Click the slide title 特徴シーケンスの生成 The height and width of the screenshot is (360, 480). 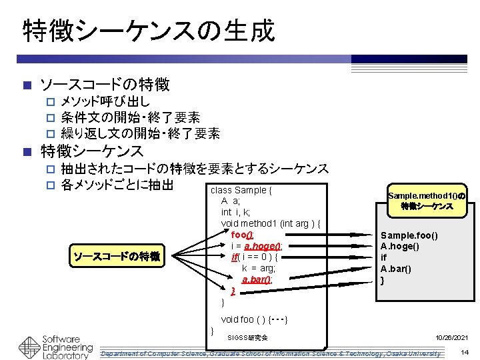[148, 30]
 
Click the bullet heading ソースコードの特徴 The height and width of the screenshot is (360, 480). [105, 85]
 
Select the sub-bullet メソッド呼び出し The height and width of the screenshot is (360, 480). [105, 102]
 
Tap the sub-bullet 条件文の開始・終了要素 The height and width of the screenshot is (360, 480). [130, 118]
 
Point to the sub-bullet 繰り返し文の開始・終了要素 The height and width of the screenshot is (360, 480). [140, 133]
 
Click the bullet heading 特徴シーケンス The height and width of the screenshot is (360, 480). [92, 151]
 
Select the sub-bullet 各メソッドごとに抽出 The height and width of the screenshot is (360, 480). [117, 184]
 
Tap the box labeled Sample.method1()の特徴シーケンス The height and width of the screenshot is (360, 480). [427, 201]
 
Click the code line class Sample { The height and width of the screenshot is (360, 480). [241, 190]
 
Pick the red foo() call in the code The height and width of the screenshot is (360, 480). [242, 235]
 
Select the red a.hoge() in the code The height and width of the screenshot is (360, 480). [263, 246]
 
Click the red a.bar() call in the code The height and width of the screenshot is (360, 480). [256, 280]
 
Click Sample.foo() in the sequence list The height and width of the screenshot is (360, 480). [409, 235]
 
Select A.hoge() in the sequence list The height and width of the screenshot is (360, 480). [400, 247]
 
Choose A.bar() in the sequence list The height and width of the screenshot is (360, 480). [395, 269]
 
